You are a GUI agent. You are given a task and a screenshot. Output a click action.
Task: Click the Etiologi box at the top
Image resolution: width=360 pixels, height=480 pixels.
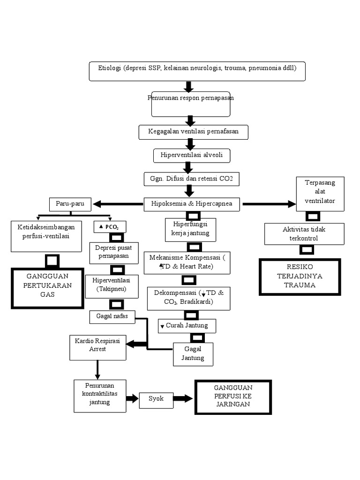pos(197,71)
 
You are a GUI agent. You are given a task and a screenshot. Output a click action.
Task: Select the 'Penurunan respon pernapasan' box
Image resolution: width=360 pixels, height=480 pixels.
pos(190,104)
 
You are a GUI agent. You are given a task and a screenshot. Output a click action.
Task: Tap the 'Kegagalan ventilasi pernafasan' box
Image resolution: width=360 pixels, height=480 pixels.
pos(193,132)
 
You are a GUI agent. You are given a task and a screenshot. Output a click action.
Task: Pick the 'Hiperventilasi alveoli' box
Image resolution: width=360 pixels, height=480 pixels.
pos(192,155)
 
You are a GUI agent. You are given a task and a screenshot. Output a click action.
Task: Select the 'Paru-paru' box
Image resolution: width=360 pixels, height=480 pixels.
pos(70,204)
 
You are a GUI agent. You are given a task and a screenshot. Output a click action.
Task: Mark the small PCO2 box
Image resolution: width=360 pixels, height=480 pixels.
pos(110,227)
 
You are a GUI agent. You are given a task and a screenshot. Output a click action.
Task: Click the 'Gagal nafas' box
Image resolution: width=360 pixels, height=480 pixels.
pos(112,317)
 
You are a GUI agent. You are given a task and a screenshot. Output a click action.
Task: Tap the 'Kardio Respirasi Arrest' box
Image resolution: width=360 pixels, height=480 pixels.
pos(97,347)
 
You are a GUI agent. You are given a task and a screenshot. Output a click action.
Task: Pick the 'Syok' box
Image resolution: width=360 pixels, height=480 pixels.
pos(156,398)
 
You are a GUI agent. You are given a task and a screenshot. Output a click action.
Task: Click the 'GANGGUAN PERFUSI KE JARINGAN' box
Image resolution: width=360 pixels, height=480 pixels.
pos(233,397)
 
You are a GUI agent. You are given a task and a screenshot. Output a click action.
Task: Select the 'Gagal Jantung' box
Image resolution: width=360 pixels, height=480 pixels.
pos(193,354)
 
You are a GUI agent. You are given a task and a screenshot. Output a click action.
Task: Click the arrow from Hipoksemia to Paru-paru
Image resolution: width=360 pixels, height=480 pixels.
pos(118,204)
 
